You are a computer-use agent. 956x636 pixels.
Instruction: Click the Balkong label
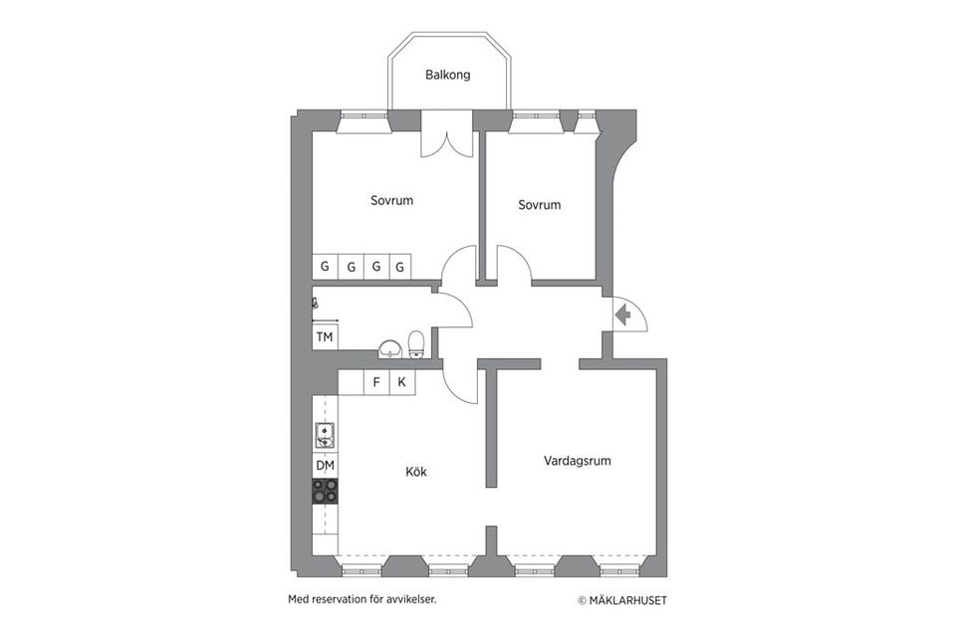447,75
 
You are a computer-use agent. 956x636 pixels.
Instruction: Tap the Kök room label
416,472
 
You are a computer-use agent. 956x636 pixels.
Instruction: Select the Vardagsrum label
578,461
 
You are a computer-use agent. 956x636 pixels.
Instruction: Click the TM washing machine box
325,336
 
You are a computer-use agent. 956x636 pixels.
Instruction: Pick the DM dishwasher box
325,466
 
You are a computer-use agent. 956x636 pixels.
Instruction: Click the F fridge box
376,382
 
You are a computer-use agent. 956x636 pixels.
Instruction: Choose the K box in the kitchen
402,382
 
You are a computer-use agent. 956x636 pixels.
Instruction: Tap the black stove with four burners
325,491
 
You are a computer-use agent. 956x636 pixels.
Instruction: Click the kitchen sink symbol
325,435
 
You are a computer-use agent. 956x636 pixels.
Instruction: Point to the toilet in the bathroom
416,344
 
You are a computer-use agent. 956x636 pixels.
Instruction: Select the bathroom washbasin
389,348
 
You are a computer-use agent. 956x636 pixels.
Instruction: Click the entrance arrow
623,316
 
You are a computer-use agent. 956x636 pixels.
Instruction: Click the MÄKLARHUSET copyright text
622,601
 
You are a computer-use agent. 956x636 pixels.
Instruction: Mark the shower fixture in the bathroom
316,303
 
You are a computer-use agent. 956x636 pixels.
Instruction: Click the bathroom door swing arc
463,305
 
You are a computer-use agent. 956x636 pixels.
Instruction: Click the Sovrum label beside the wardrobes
392,200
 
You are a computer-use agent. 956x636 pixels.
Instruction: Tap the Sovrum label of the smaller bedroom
540,205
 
